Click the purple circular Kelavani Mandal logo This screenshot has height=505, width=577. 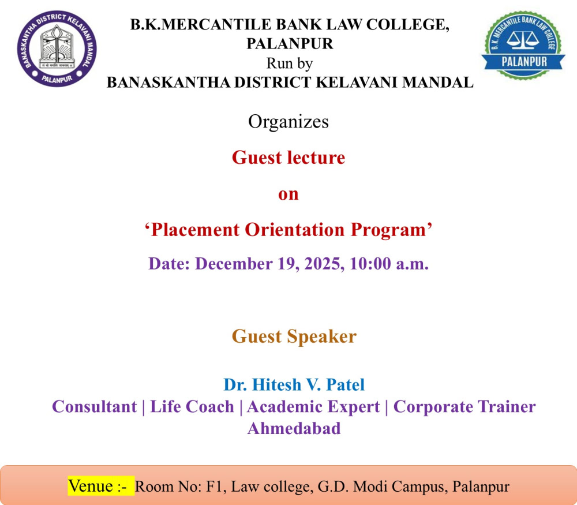pyautogui.click(x=57, y=48)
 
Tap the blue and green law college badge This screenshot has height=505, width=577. pyautogui.click(x=523, y=45)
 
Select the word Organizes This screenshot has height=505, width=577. pyautogui.click(x=288, y=122)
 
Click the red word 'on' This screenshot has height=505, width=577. pyautogui.click(x=288, y=194)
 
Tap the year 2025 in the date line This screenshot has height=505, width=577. pyautogui.click(x=324, y=264)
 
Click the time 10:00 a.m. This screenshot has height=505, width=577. pyautogui.click(x=389, y=264)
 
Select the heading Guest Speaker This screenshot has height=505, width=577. pyautogui.click(x=294, y=336)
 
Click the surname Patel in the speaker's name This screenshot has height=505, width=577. pyautogui.click(x=345, y=384)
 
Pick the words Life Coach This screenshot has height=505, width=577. pyautogui.click(x=192, y=407)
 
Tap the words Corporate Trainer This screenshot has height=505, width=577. pyautogui.click(x=464, y=407)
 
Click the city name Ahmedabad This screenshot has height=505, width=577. pyautogui.click(x=294, y=428)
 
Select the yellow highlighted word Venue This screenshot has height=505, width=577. pyautogui.click(x=91, y=486)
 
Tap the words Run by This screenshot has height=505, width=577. pyautogui.click(x=290, y=63)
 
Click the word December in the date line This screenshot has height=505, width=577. pyautogui.click(x=234, y=264)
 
